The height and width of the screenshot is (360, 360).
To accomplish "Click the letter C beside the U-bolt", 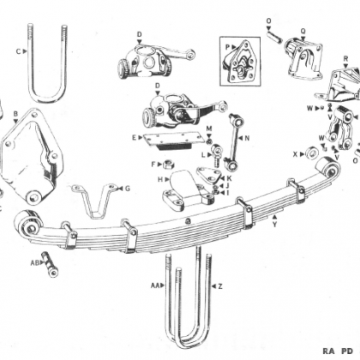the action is (18, 51).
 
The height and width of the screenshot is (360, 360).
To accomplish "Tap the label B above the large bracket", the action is (15, 114).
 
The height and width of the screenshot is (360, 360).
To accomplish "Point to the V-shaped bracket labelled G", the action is (93, 200).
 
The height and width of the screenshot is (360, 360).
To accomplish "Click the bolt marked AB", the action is (50, 264).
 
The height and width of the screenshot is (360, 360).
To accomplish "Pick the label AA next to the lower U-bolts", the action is (155, 285).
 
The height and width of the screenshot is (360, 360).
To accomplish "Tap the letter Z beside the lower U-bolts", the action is (219, 286).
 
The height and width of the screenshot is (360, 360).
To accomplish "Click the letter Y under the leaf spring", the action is (274, 225).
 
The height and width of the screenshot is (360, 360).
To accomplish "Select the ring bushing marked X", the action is (311, 153).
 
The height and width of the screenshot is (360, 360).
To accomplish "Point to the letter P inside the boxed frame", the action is (228, 47).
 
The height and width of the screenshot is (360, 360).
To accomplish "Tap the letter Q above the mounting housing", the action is (303, 31).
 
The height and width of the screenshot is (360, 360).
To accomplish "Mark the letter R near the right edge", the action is (345, 59).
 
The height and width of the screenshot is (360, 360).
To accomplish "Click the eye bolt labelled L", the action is (216, 155).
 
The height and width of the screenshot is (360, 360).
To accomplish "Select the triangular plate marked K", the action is (209, 176).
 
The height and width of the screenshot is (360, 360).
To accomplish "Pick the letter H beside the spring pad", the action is (160, 179).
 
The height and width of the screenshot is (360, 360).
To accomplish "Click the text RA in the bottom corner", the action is (328, 351).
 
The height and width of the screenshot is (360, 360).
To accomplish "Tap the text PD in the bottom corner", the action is (348, 351).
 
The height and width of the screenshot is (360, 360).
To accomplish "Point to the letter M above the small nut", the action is (209, 129).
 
